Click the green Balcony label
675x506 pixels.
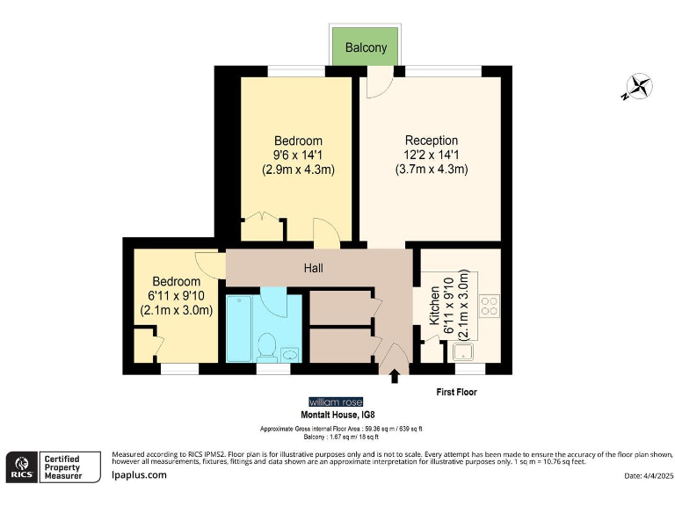tap(366, 48)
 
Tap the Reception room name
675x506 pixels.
tap(431, 141)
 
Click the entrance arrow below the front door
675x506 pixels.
tap(394, 378)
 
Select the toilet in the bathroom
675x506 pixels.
tap(265, 346)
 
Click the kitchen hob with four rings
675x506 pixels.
tap(489, 307)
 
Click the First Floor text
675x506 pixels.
tap(456, 392)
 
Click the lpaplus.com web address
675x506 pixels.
tap(140, 475)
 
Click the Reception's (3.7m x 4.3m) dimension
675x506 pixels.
tap(431, 169)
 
